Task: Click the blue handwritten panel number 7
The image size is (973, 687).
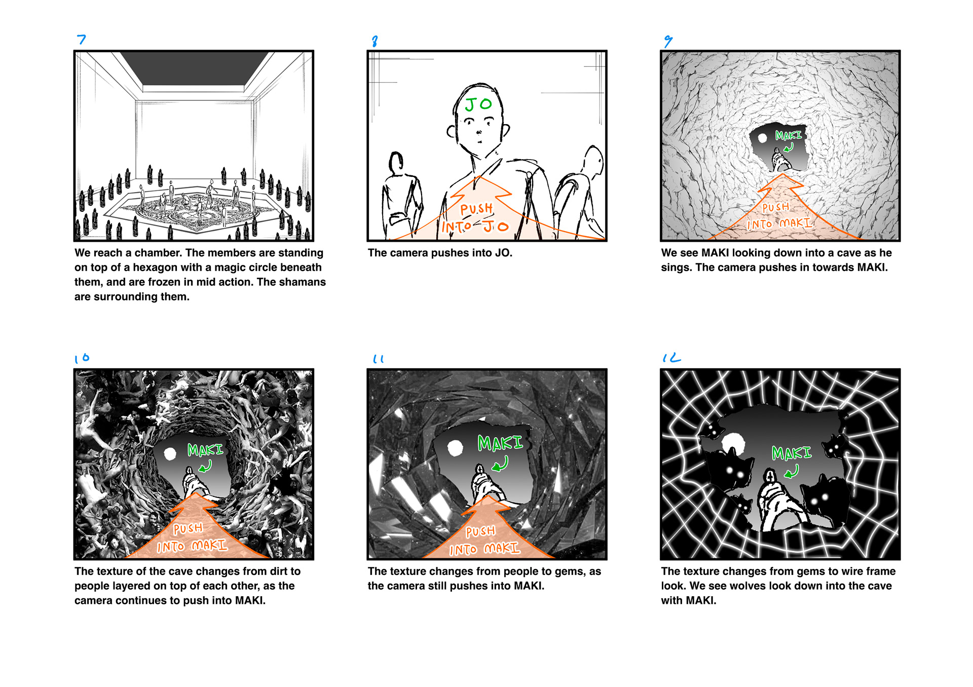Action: point(82,40)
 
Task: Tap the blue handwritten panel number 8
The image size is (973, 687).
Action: point(375,41)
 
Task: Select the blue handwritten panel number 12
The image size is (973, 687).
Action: point(671,358)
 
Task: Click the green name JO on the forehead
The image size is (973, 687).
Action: point(478,104)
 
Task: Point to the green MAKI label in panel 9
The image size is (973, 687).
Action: point(789,135)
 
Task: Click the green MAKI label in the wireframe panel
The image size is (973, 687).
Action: point(791,452)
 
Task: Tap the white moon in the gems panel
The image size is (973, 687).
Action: point(455,448)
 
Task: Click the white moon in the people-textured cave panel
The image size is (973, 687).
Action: point(170,453)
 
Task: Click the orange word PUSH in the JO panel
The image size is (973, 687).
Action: point(476,209)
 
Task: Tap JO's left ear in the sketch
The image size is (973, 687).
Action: point(451,131)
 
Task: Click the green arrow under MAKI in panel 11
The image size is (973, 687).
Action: point(501,464)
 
